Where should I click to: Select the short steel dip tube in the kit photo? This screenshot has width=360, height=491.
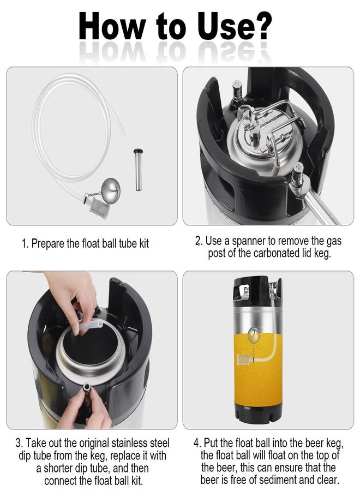(137, 170)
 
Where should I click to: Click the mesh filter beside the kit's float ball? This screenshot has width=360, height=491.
(97, 206)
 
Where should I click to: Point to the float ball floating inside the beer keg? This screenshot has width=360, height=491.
(254, 334)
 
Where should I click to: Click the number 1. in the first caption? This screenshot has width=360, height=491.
(25, 244)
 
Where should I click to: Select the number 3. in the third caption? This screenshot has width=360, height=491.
(19, 443)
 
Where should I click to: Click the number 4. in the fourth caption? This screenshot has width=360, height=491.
(197, 443)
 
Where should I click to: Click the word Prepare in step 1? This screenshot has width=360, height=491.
(48, 244)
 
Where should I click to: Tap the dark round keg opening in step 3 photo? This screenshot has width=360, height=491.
(91, 344)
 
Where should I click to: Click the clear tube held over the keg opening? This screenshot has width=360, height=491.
(90, 325)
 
